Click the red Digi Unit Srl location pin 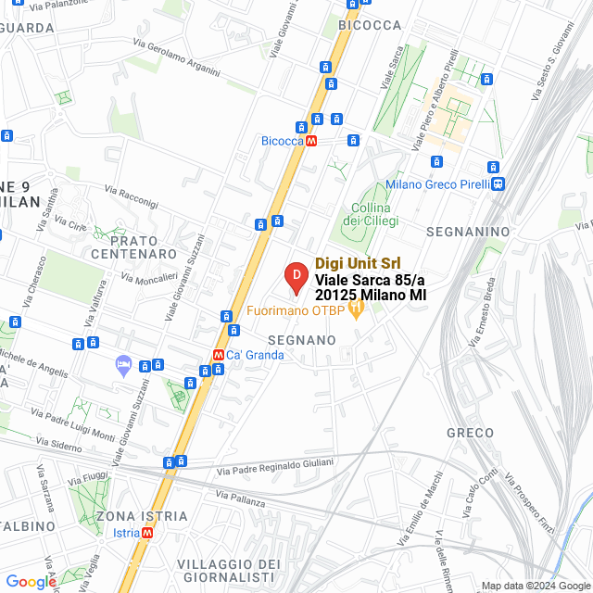296,276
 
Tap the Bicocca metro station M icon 311,141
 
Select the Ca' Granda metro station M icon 218,354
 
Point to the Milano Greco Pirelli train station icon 498,183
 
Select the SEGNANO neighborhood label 301,340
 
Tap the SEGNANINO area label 468,230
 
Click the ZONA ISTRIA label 141,515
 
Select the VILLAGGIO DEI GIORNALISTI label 228,572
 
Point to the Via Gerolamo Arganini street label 176,57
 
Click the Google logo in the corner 31,581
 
